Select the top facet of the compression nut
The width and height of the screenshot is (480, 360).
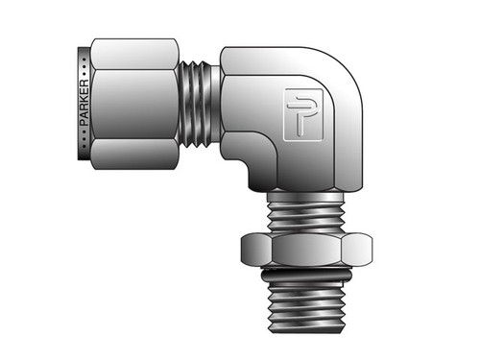pyautogui.click(x=134, y=52)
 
